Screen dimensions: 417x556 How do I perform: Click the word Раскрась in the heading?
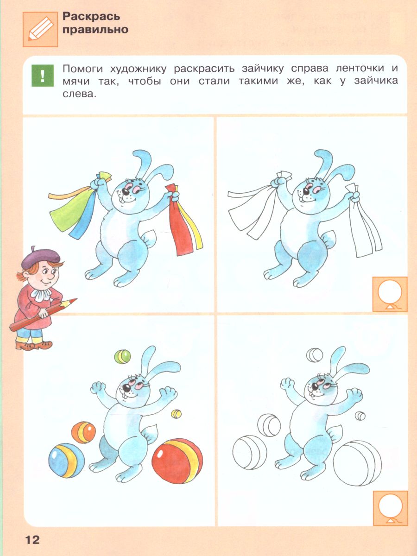pos(91,17)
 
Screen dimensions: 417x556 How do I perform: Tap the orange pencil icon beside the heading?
pos(40,29)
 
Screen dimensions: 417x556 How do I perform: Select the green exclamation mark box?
pos(43,76)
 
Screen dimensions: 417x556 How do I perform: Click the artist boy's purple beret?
pos(40,258)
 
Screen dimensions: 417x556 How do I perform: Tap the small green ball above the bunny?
pos(122,357)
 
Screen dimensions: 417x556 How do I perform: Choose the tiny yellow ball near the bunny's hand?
pos(176,414)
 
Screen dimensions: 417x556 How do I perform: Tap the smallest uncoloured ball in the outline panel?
pos(360,416)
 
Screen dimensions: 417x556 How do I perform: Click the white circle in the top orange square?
pos(390,291)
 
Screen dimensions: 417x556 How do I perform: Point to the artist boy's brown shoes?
pos(34,345)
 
